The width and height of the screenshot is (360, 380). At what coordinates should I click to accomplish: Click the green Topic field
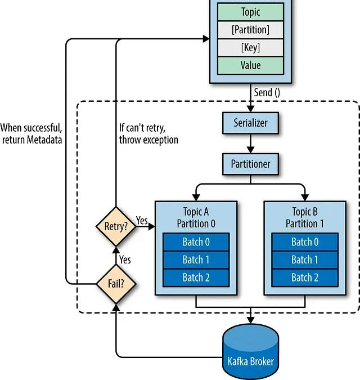(x=250, y=12)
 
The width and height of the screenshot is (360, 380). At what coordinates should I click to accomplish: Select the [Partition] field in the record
(x=250, y=30)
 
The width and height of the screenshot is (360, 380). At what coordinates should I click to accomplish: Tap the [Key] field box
(x=250, y=47)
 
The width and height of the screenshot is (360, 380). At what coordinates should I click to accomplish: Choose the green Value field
(x=250, y=65)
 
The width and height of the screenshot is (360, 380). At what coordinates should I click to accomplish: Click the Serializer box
(x=250, y=123)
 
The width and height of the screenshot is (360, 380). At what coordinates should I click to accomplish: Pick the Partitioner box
(x=250, y=164)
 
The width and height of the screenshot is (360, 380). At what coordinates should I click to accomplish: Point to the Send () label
(x=267, y=92)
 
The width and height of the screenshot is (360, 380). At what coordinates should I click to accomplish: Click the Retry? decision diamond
(x=116, y=227)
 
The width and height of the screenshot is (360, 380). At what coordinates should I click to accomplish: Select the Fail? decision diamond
(x=116, y=284)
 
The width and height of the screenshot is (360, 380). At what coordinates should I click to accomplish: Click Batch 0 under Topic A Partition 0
(x=196, y=242)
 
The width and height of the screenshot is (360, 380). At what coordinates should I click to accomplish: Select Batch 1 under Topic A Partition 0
(x=196, y=260)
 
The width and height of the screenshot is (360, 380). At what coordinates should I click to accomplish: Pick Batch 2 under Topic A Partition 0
(x=196, y=278)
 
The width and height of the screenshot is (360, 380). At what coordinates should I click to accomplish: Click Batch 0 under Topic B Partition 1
(x=305, y=242)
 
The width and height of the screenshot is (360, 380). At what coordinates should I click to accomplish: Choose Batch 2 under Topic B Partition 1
(x=305, y=278)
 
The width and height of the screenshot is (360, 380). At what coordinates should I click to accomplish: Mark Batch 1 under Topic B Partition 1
(x=305, y=260)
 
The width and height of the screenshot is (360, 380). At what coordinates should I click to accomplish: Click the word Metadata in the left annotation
(x=44, y=140)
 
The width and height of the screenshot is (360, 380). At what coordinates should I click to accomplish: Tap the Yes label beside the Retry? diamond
(x=142, y=220)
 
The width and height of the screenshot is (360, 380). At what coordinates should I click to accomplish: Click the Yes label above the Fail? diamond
(x=125, y=260)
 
